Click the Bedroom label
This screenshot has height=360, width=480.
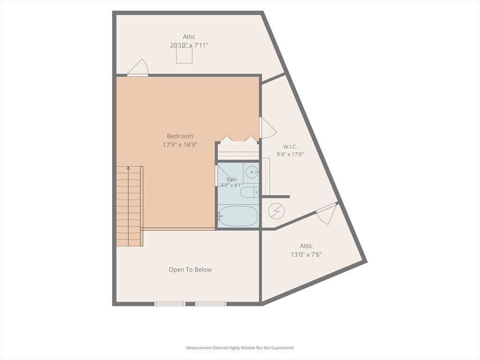pos(180,136)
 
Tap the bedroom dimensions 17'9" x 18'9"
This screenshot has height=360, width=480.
pos(180,144)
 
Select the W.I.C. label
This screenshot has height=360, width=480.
pos(290,147)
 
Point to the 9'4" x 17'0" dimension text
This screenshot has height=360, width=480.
pos(290,154)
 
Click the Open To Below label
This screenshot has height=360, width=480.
pos(190,270)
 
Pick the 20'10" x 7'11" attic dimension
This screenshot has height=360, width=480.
pos(189,45)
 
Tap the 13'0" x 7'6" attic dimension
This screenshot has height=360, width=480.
pos(306,255)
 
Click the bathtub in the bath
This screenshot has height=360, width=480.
pos(238,216)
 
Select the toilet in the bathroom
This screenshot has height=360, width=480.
pos(249,192)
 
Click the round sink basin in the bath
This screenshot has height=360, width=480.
pos(252,172)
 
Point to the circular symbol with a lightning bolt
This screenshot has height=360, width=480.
pos(276,211)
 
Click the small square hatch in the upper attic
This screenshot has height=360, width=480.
pos(184,55)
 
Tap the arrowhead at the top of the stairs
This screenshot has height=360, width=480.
pos(128,168)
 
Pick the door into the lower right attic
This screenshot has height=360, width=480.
pos(327,213)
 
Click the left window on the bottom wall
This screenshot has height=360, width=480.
pos(170,304)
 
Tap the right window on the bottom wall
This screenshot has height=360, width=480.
pos(210,304)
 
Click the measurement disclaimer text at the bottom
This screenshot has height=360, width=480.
pos(240,348)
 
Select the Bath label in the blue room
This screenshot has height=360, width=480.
pos(232,180)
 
